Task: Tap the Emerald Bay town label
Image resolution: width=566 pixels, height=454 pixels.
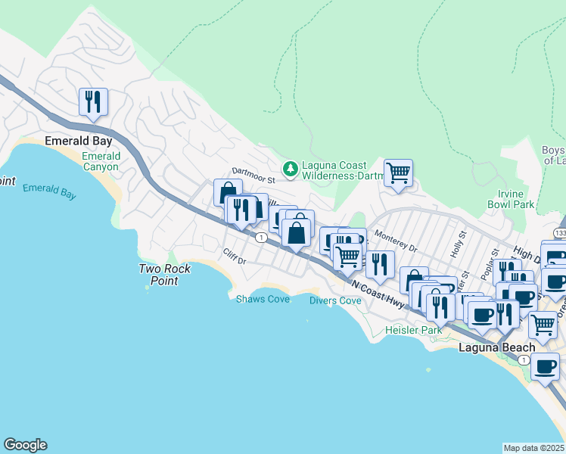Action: [78, 141]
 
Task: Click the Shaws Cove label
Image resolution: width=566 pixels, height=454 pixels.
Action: [263, 298]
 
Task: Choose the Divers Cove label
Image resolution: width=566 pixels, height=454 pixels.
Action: [335, 300]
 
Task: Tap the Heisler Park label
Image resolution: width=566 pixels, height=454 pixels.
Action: [413, 331]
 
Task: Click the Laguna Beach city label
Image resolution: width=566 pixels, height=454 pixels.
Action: [497, 347]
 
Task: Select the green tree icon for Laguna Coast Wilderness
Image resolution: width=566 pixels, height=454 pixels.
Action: [289, 170]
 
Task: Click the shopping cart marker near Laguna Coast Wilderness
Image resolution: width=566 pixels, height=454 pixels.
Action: [398, 173]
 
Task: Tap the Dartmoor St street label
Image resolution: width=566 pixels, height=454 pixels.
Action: [251, 173]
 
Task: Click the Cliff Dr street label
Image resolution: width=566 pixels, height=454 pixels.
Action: [235, 257]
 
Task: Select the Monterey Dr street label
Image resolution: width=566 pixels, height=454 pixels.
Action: [395, 241]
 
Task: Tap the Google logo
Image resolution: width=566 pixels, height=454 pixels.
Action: [25, 445]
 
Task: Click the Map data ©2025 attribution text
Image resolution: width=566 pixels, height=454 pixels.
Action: [533, 448]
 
